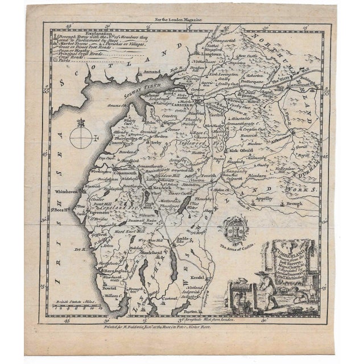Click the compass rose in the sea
pos(80,136)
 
